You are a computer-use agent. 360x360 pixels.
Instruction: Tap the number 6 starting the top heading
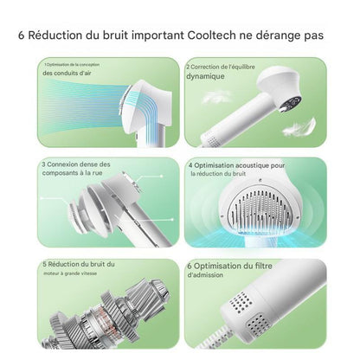[21, 36]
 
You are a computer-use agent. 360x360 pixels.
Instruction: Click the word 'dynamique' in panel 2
[205, 75]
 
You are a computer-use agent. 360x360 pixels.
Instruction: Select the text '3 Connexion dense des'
[75, 164]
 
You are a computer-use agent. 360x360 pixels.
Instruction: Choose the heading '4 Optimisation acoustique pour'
[236, 164]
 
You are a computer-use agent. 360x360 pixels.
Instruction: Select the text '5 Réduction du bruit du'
[78, 264]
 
